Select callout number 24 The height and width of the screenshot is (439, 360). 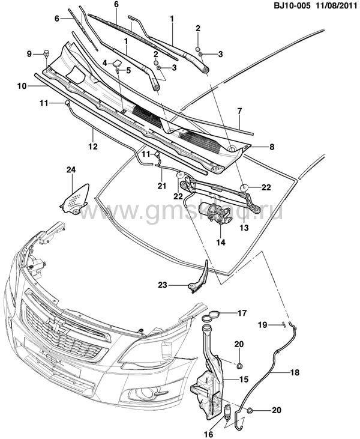(71, 171)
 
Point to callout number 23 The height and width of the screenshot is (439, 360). (163, 285)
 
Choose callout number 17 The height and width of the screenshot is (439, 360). (242, 313)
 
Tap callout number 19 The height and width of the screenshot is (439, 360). (262, 325)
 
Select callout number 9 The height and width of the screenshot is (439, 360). (29, 54)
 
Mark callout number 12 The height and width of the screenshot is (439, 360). (93, 145)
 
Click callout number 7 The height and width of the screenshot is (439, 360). (239, 111)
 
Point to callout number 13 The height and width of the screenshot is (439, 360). (244, 228)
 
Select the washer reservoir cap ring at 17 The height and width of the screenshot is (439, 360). (214, 316)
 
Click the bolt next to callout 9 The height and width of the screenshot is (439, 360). (46, 53)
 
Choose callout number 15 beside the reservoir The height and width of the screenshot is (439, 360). (244, 379)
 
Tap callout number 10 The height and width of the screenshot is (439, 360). (20, 86)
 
